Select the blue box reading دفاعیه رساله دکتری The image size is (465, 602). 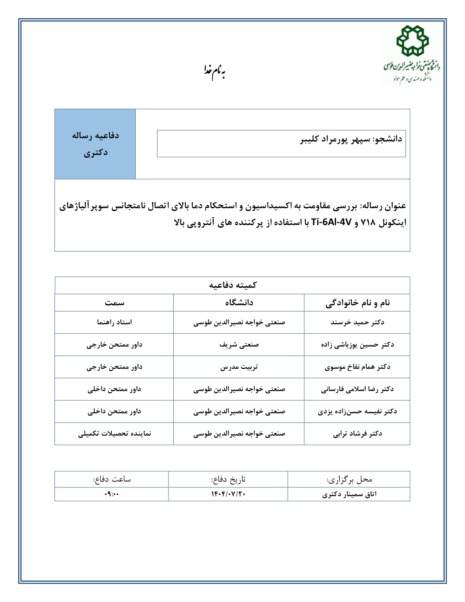click(x=95, y=144)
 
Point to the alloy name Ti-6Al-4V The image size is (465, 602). click(x=331, y=222)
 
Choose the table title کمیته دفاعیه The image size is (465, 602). click(x=232, y=285)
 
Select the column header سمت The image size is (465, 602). click(x=114, y=302)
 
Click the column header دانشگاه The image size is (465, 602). click(x=239, y=302)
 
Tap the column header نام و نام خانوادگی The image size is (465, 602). click(x=357, y=302)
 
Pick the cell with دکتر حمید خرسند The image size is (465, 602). click(x=357, y=322)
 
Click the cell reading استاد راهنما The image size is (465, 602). click(x=114, y=322)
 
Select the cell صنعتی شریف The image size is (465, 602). click(x=239, y=344)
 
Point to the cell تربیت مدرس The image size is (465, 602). click(x=239, y=367)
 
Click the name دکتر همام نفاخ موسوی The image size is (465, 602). click(x=357, y=367)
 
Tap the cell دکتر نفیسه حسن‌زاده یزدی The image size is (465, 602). click(x=357, y=411)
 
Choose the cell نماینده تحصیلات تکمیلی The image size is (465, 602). click(x=114, y=433)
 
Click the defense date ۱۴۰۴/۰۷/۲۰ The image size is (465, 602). click(x=228, y=494)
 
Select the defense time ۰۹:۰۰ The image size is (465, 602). click(x=112, y=494)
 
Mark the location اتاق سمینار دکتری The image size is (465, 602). click(x=349, y=494)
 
